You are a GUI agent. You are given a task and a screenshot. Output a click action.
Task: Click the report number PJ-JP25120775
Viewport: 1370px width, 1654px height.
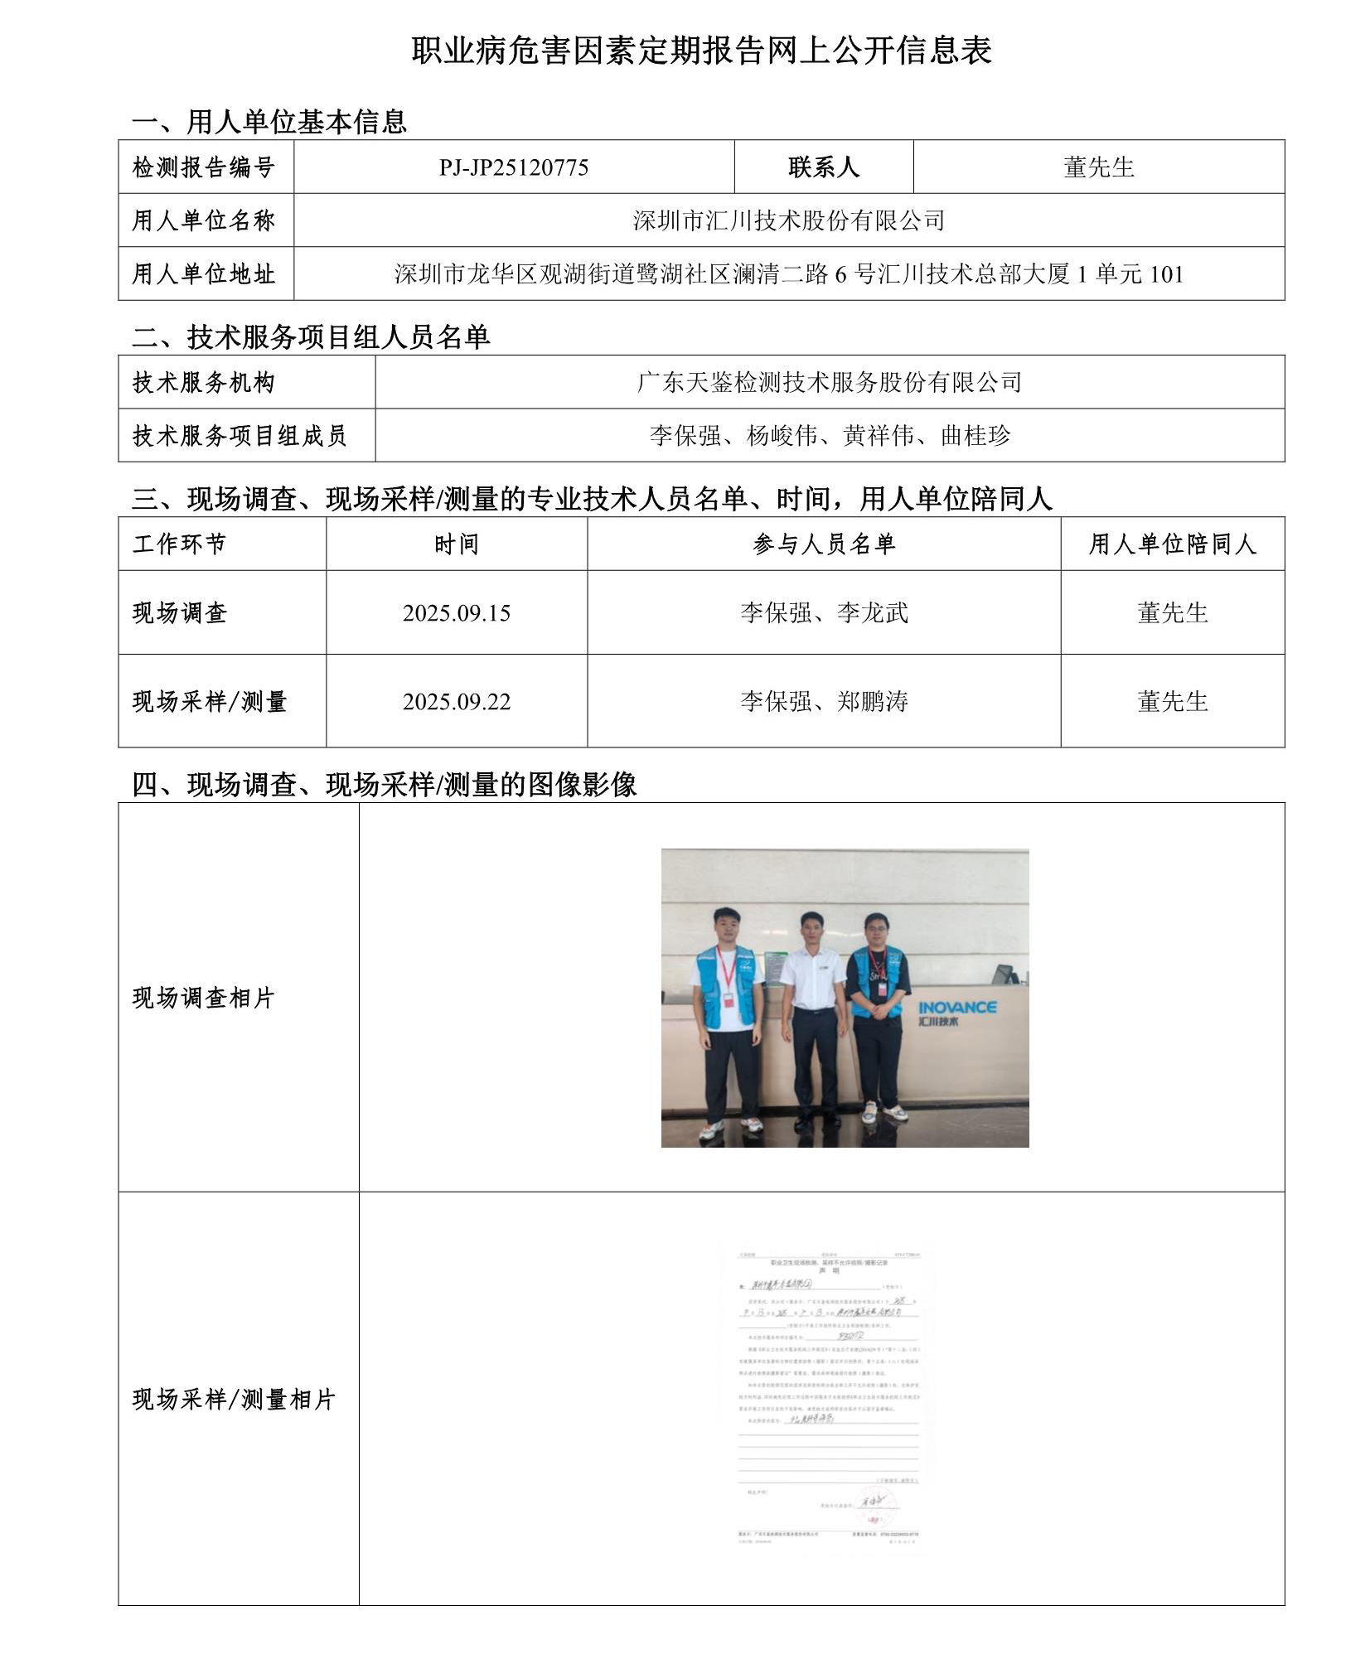point(513,167)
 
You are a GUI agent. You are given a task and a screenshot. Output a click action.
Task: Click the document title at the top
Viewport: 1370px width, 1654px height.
point(701,51)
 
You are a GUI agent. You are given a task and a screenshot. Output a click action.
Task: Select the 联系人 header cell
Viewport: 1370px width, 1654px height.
point(823,167)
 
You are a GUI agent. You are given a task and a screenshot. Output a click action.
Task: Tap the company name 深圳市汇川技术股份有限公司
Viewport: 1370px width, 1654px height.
point(788,220)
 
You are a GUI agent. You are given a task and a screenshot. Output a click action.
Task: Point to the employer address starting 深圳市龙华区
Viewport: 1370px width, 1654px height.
point(788,273)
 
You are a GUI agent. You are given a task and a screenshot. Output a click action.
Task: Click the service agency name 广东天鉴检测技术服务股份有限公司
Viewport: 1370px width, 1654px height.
point(829,382)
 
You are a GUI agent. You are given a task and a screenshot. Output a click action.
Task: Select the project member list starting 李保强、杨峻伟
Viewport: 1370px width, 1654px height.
point(829,435)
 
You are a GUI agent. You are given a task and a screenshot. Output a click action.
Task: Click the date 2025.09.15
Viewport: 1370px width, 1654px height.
point(456,613)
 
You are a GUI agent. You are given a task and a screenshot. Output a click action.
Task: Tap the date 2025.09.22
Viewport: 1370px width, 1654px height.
point(456,702)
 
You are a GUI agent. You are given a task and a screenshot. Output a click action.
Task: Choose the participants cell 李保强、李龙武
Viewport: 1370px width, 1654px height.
point(824,613)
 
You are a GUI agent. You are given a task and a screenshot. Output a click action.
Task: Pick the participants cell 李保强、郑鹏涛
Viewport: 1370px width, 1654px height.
point(824,702)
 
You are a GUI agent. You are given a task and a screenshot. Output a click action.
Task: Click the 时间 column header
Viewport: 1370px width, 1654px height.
point(456,544)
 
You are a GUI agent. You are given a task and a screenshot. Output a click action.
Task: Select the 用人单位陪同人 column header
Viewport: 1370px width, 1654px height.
point(1172,544)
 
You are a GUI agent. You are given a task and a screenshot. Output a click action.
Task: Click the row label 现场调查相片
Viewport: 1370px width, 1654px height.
point(203,998)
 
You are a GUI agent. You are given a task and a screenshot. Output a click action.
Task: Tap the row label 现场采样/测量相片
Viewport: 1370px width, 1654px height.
point(233,1400)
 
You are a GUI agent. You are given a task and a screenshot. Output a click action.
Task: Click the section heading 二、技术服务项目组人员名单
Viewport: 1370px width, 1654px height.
point(311,337)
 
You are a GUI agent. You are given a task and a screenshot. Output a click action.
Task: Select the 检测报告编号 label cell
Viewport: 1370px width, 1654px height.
point(204,167)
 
